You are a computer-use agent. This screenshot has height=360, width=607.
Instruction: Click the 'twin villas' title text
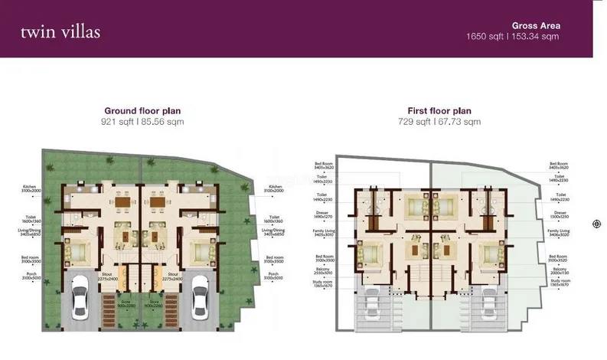point(60,33)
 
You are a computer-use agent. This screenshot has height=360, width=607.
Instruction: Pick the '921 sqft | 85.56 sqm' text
point(142,122)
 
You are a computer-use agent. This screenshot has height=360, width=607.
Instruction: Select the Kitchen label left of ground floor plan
point(31,188)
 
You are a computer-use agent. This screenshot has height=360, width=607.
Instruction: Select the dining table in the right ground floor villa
point(158,203)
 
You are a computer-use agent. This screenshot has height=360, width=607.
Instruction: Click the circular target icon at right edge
point(596,224)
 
